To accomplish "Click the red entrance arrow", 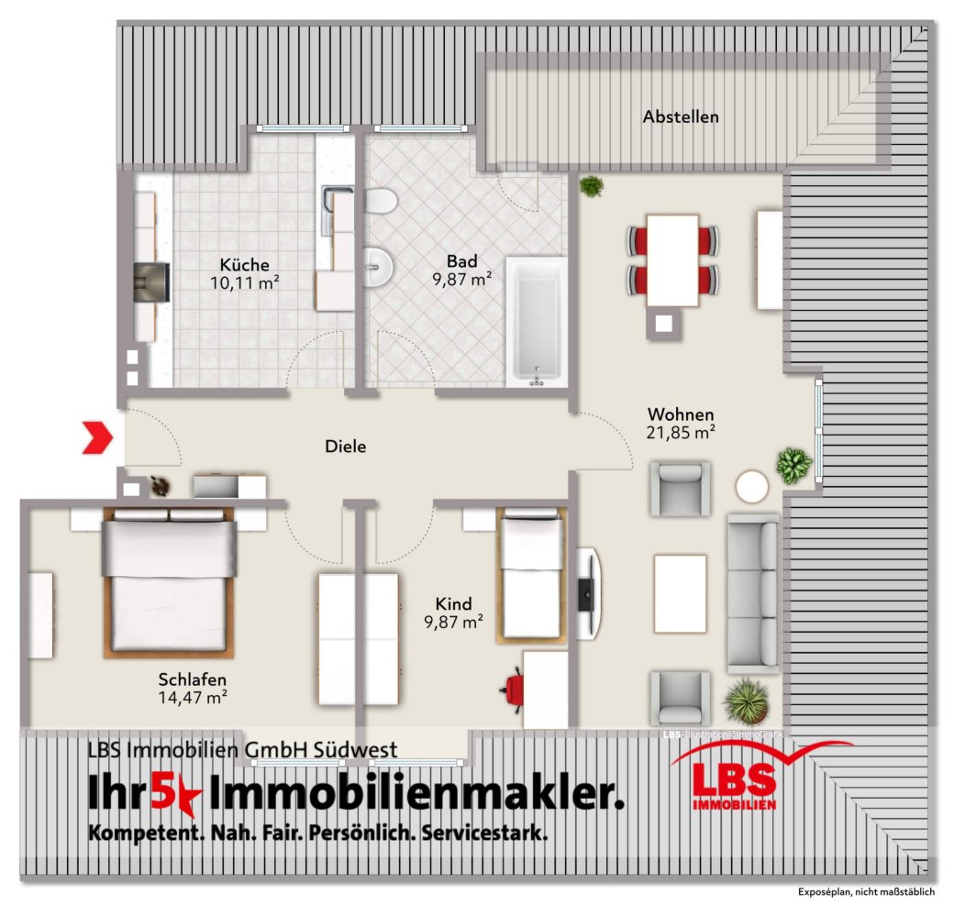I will pos(97,437).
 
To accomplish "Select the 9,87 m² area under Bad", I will pos(462,280).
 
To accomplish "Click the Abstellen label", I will pos(681,117).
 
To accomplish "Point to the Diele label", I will pos(346,447).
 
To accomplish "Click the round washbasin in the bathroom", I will pos(378,267).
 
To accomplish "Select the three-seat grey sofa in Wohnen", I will pos(752,591).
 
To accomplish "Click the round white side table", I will pos(753,486).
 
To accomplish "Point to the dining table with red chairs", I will pos(672,259).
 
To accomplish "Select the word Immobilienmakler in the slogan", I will pos(417,793).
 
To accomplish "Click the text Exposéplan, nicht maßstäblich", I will pos(866,892).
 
